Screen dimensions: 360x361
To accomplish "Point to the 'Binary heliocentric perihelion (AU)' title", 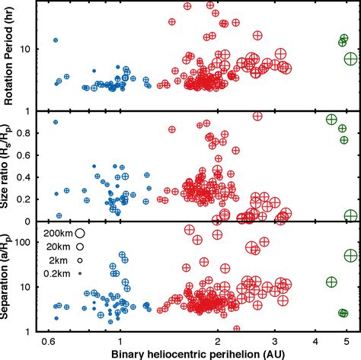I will point(198,353).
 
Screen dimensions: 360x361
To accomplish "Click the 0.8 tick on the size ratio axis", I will point(29,133).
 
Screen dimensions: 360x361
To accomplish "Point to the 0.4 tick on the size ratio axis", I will point(29,177).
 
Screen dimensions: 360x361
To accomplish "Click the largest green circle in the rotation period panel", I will point(351,59).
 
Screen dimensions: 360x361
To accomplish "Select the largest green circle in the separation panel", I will point(351,255).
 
